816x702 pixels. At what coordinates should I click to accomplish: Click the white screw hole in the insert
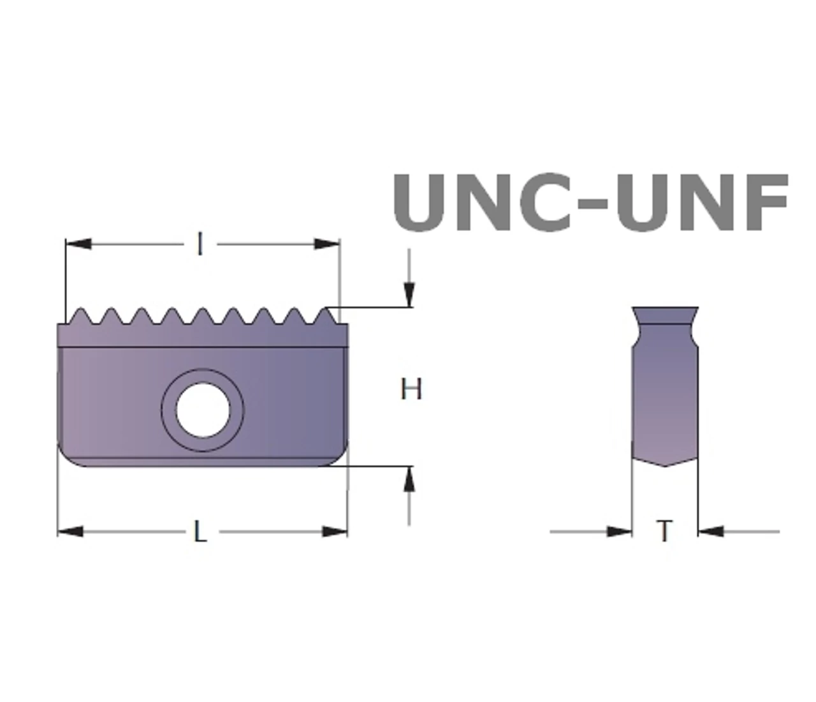point(203,410)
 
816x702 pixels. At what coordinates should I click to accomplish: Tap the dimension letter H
point(411,389)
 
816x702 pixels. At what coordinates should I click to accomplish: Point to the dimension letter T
point(664,531)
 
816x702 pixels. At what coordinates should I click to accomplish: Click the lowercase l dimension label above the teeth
point(201,244)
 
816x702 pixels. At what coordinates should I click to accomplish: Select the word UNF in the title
point(703,202)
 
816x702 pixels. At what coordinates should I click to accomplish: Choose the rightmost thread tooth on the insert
point(327,315)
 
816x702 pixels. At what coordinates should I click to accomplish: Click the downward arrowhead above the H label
point(409,294)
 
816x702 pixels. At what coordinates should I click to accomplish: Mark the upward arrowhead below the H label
point(409,479)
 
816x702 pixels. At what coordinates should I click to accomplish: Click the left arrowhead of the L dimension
point(70,532)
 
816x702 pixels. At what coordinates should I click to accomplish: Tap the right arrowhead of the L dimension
point(335,532)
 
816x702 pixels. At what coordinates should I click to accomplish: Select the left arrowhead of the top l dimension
point(78,244)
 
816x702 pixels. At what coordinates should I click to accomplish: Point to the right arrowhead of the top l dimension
point(327,244)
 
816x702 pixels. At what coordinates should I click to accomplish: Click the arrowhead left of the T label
point(619,532)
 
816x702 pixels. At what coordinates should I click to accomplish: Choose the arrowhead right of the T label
point(711,532)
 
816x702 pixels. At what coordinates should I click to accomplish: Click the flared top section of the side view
point(665,315)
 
